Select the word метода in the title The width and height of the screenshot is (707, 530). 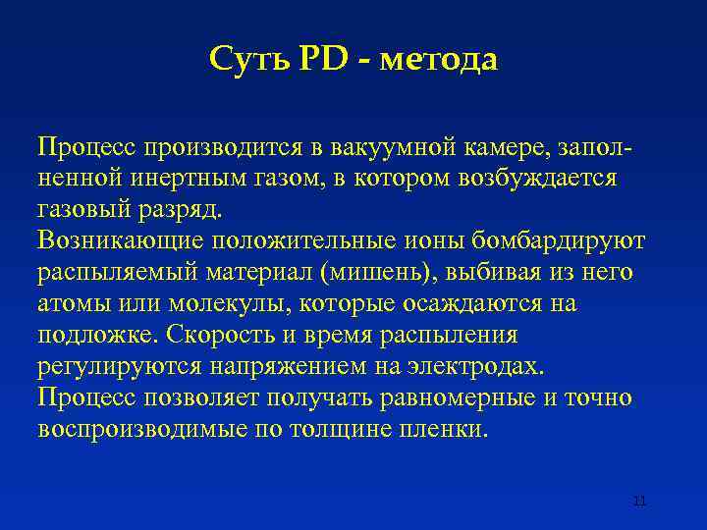(438, 61)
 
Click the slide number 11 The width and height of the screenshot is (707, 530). (639, 502)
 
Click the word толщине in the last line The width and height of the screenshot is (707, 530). (357, 430)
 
